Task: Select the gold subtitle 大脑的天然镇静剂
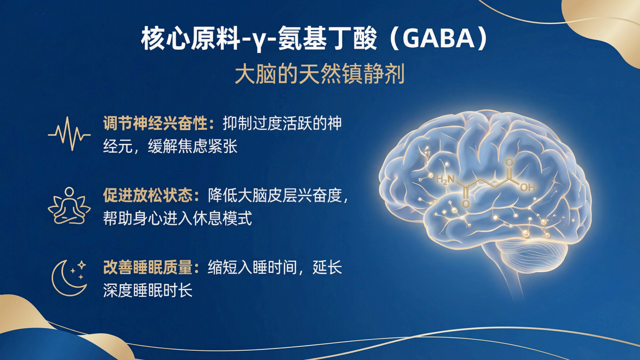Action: point(320,74)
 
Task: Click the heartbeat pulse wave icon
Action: point(69,134)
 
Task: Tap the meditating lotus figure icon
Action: point(69,206)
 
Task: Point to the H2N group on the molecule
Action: point(445,179)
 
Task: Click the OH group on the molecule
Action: point(527,187)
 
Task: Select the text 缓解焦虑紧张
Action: point(192,146)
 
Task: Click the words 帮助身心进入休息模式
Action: point(178,218)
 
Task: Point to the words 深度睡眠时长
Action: point(148,290)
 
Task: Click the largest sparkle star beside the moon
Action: point(82,265)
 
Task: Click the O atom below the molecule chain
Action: point(466,204)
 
